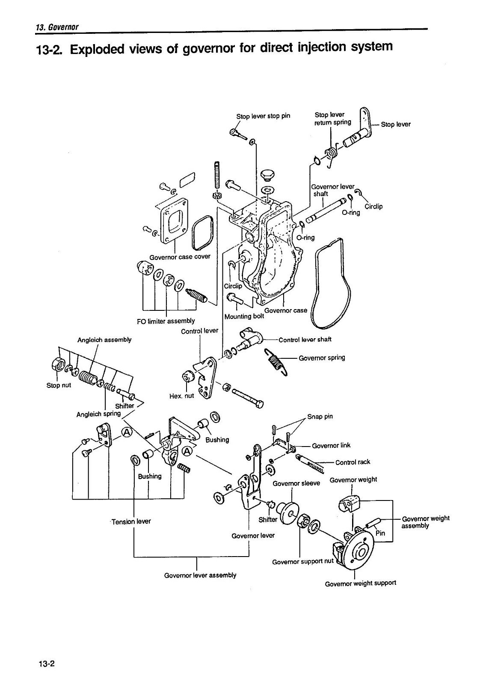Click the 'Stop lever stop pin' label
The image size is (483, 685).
tap(263, 116)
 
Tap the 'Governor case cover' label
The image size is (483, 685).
tap(180, 257)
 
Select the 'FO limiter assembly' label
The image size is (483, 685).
tap(166, 321)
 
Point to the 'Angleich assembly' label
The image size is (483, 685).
tap(104, 340)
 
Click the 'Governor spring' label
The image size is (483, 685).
tap(322, 357)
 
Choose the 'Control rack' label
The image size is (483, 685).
tap(353, 462)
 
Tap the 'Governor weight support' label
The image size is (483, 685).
tap(360, 583)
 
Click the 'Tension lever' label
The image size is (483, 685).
tap(131, 521)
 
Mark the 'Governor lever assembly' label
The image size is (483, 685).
tap(200, 575)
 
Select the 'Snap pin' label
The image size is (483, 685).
tap(323, 417)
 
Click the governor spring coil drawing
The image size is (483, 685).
tap(276, 362)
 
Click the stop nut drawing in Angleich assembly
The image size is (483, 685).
tap(58, 365)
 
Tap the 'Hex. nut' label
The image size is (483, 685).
tap(182, 396)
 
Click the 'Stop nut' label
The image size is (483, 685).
tap(59, 385)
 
